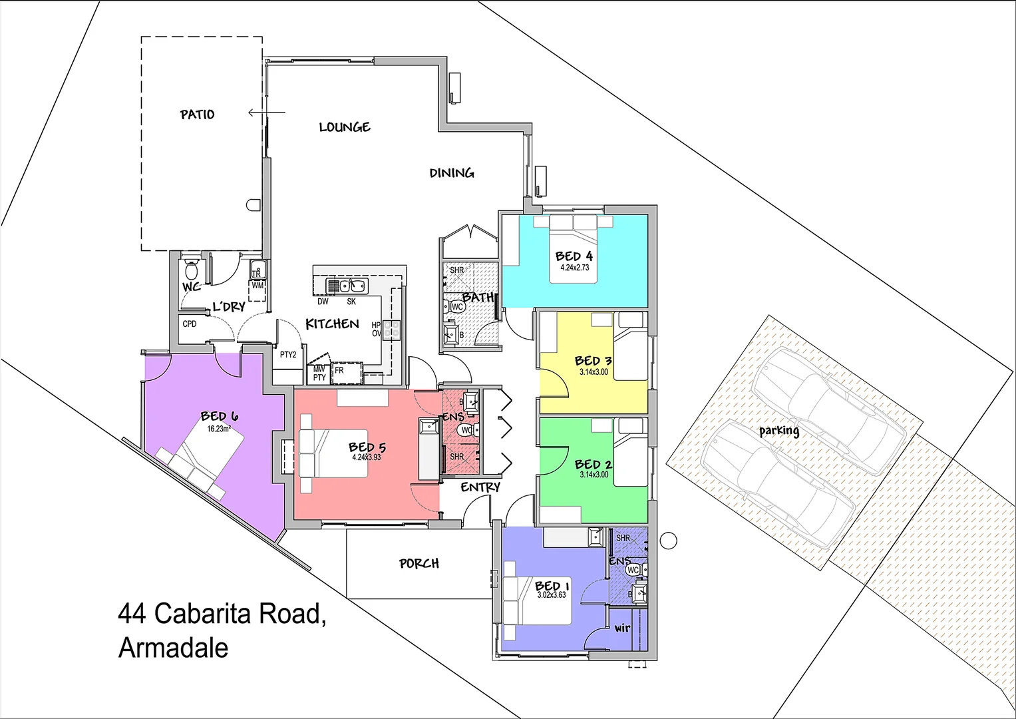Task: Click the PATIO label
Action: click(x=197, y=115)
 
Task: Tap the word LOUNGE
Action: click(x=344, y=127)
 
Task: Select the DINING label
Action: click(x=452, y=173)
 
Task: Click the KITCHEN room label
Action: click(x=332, y=324)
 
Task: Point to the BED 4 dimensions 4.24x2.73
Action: click(x=574, y=268)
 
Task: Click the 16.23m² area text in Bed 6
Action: click(x=218, y=429)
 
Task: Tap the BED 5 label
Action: click(x=367, y=447)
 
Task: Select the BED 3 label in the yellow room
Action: click(x=593, y=361)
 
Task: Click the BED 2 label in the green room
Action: click(x=593, y=464)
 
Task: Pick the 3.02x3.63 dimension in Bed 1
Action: click(x=552, y=595)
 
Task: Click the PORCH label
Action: click(x=419, y=564)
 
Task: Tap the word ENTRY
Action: click(x=480, y=487)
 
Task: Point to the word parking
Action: click(x=779, y=431)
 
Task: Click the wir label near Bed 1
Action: click(x=622, y=628)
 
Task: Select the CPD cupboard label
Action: click(x=190, y=324)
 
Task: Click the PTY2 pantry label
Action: click(x=288, y=355)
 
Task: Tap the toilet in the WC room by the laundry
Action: click(x=192, y=270)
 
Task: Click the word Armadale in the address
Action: click(x=173, y=648)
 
